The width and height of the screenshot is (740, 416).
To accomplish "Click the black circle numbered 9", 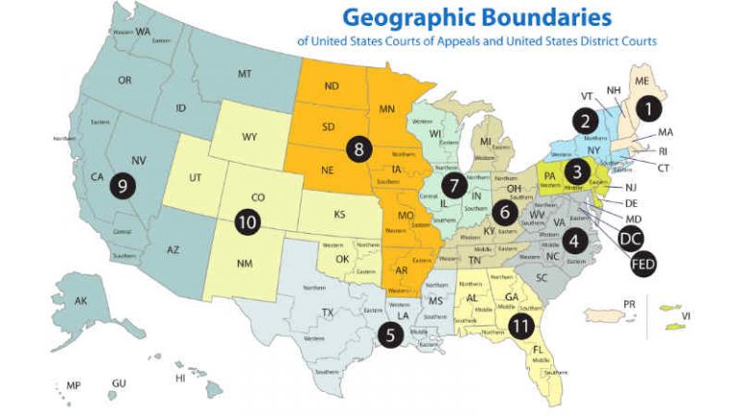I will click(x=122, y=186).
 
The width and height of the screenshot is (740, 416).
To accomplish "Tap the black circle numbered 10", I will click(x=248, y=221).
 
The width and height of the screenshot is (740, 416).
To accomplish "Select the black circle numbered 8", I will click(x=358, y=149).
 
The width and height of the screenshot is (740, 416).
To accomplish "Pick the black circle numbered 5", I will click(x=391, y=335).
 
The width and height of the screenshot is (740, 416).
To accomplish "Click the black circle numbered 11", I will click(x=521, y=325).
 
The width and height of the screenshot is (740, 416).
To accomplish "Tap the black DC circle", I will click(x=630, y=240).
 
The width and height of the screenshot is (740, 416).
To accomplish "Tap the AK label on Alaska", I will click(x=81, y=301).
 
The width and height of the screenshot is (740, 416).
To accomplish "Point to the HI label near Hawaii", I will click(x=180, y=377).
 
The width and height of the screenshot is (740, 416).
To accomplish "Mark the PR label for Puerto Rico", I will click(x=630, y=305).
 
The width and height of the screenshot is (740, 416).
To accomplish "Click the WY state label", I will click(x=249, y=136).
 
